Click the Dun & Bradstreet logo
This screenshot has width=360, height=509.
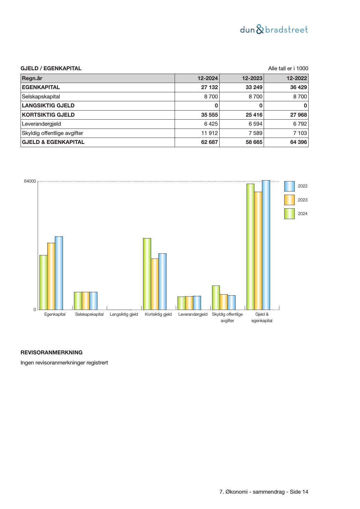coord(274,30)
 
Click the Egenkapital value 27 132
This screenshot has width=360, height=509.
coord(209,87)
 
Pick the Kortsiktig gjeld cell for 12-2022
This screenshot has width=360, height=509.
coord(298,115)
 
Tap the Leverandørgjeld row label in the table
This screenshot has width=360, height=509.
coord(41,124)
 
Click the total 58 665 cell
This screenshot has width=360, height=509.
coord(254,142)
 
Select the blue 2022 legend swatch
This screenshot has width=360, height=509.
coord(289,186)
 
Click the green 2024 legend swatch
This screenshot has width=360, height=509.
coord(289,214)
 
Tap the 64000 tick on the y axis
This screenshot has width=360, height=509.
coord(30,181)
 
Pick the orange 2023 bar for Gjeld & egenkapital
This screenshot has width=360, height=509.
coord(258,250)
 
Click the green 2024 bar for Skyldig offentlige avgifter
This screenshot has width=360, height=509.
coord(216,297)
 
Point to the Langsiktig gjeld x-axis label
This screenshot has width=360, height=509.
coord(124,314)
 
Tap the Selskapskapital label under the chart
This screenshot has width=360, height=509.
coord(89,314)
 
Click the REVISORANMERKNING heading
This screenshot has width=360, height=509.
coord(51,353)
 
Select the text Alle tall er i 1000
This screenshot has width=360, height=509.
coord(288,68)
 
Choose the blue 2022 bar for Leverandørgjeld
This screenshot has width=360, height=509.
coord(197,303)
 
